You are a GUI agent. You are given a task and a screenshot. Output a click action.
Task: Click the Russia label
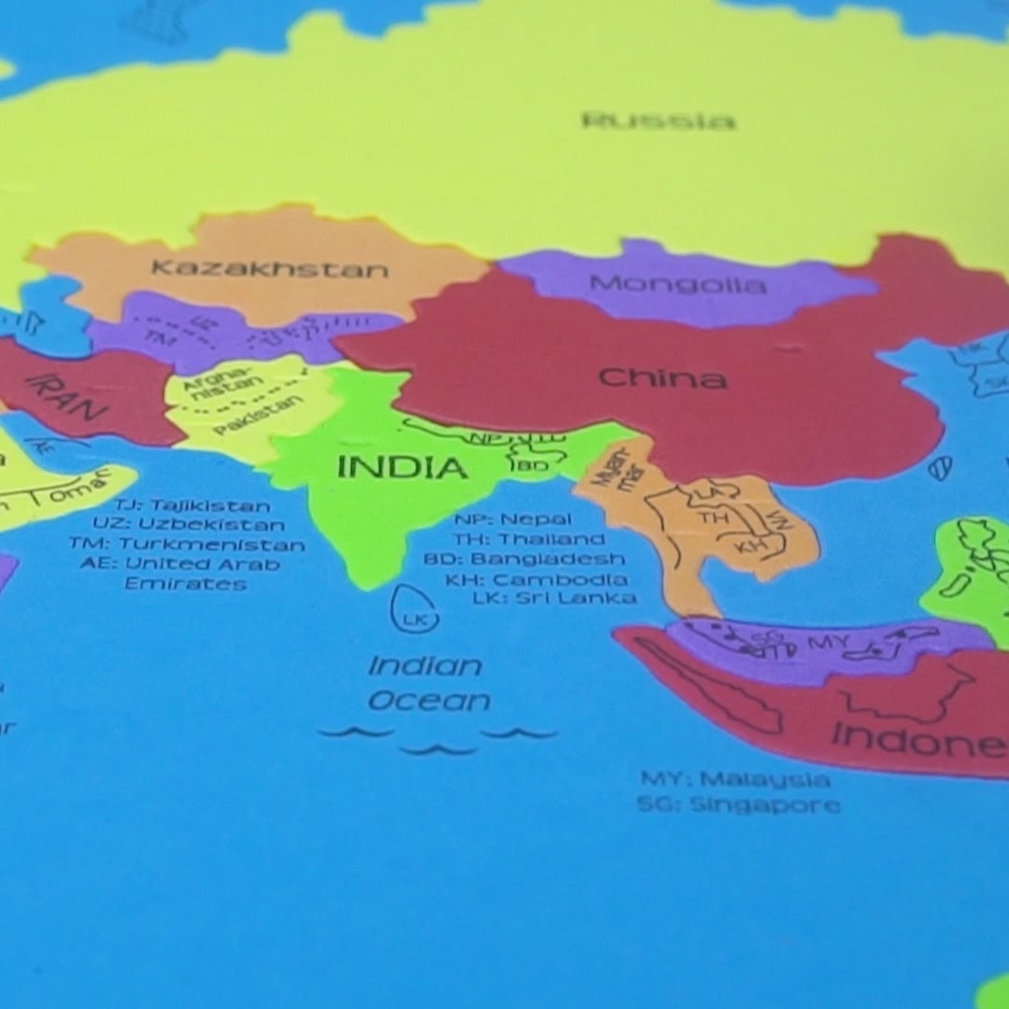point(659,121)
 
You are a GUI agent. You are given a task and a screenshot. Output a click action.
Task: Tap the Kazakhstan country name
point(269,269)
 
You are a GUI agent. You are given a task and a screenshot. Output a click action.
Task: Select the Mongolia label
point(677,283)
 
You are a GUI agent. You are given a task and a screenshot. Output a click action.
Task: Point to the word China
point(662,378)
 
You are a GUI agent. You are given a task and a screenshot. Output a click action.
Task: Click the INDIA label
point(402,467)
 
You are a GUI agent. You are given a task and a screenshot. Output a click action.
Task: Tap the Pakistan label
point(259,416)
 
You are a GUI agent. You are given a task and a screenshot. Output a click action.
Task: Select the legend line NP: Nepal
point(513,519)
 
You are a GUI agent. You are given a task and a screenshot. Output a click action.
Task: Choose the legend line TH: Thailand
point(529,539)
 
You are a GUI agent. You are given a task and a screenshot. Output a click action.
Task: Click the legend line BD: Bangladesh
point(524,559)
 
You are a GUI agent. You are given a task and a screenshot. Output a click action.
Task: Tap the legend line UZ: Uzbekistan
point(188,524)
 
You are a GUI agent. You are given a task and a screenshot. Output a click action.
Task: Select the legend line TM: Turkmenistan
point(186,544)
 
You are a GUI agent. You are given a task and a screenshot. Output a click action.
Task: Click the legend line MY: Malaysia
point(734,779)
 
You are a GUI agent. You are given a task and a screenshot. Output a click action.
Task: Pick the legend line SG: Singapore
point(738,803)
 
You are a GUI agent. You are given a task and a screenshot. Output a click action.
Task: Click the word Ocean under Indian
point(429,702)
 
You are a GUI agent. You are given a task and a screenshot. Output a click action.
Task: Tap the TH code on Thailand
point(715,517)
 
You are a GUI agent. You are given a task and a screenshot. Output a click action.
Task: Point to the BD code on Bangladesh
point(531,464)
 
